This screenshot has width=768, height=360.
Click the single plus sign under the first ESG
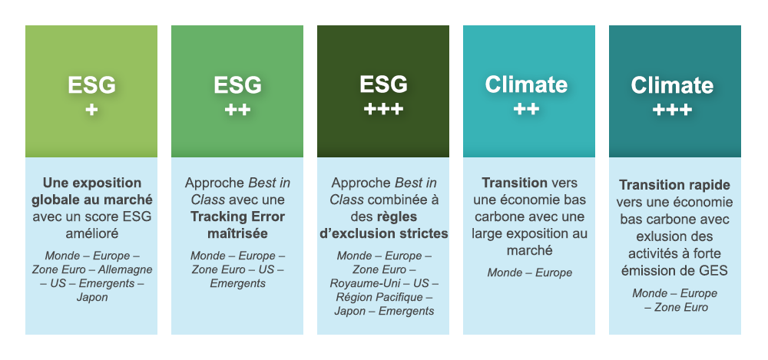click(91, 109)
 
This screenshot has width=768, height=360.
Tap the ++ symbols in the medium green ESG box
click(237, 109)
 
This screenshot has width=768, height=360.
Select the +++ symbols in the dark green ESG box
click(383, 109)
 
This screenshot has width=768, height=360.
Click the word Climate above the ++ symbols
click(527, 84)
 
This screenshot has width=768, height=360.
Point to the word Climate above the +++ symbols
click(673, 85)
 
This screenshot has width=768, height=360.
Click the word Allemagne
click(125, 269)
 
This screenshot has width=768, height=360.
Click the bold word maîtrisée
click(237, 233)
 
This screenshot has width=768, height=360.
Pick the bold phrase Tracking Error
click(237, 216)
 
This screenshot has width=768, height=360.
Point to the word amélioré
click(92, 233)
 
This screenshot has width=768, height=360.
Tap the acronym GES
click(714, 271)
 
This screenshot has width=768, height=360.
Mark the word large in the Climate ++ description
click(486, 233)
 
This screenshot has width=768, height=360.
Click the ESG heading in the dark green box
click(383, 84)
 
